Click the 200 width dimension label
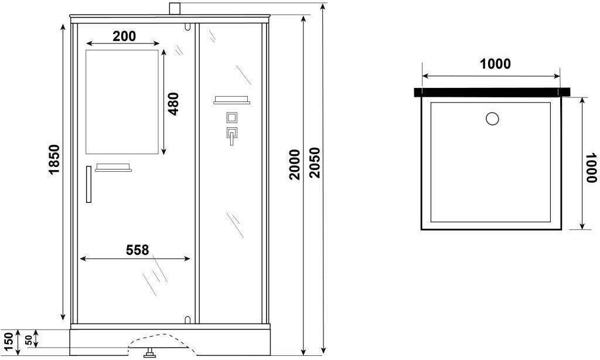124,36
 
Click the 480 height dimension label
173,104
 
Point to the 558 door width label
137,250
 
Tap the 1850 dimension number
54,159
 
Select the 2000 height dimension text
295,165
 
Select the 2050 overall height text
314,162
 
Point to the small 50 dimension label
29,340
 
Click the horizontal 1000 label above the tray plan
495,64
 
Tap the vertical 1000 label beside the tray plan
591,168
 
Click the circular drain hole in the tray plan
492,118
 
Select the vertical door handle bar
89,184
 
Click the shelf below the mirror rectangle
113,168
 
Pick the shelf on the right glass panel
232,100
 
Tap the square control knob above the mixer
232,117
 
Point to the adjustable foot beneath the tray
149,353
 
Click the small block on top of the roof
174,9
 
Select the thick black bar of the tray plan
492,92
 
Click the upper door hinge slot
187,26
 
